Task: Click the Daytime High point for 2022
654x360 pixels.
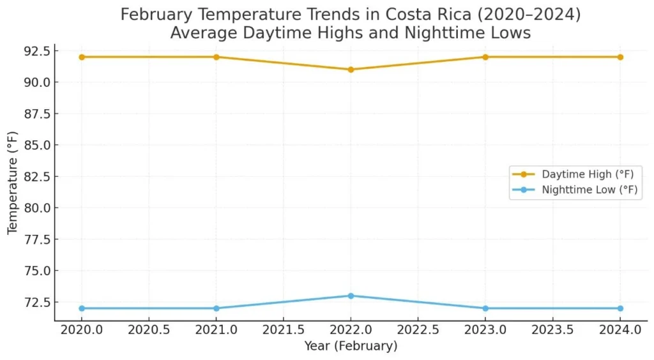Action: click(351, 70)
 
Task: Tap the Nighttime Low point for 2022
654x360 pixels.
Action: click(351, 296)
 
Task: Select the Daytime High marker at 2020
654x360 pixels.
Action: click(82, 57)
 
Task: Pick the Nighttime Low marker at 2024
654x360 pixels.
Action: click(620, 308)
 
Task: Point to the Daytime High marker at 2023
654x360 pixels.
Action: click(485, 57)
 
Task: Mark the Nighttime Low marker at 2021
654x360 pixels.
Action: click(216, 308)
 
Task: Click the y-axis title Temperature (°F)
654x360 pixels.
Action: click(13, 183)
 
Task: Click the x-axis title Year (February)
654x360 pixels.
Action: click(351, 346)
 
